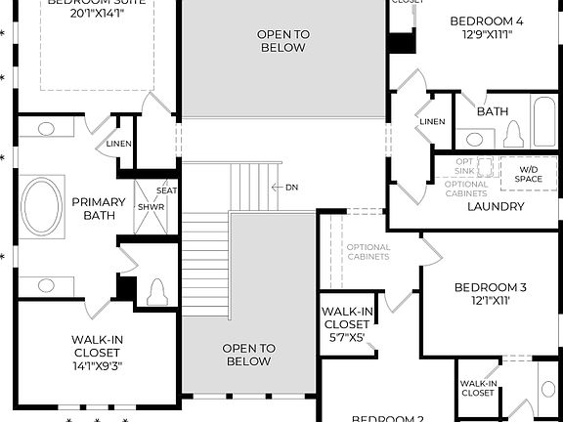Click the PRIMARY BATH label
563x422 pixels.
99,208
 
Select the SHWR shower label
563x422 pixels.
151,207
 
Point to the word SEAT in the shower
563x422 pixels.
167,190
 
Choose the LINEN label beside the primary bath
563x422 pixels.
119,145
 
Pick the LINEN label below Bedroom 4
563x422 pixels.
431,121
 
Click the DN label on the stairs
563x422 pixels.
291,187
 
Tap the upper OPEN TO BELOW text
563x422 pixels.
283,41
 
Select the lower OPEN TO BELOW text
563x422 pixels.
248,355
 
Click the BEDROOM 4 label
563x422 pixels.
486,21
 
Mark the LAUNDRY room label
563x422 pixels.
496,207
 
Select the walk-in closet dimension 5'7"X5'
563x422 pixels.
346,337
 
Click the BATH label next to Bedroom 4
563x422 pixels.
493,111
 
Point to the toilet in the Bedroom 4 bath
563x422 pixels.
512,136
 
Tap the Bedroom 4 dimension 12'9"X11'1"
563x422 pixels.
486,34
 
